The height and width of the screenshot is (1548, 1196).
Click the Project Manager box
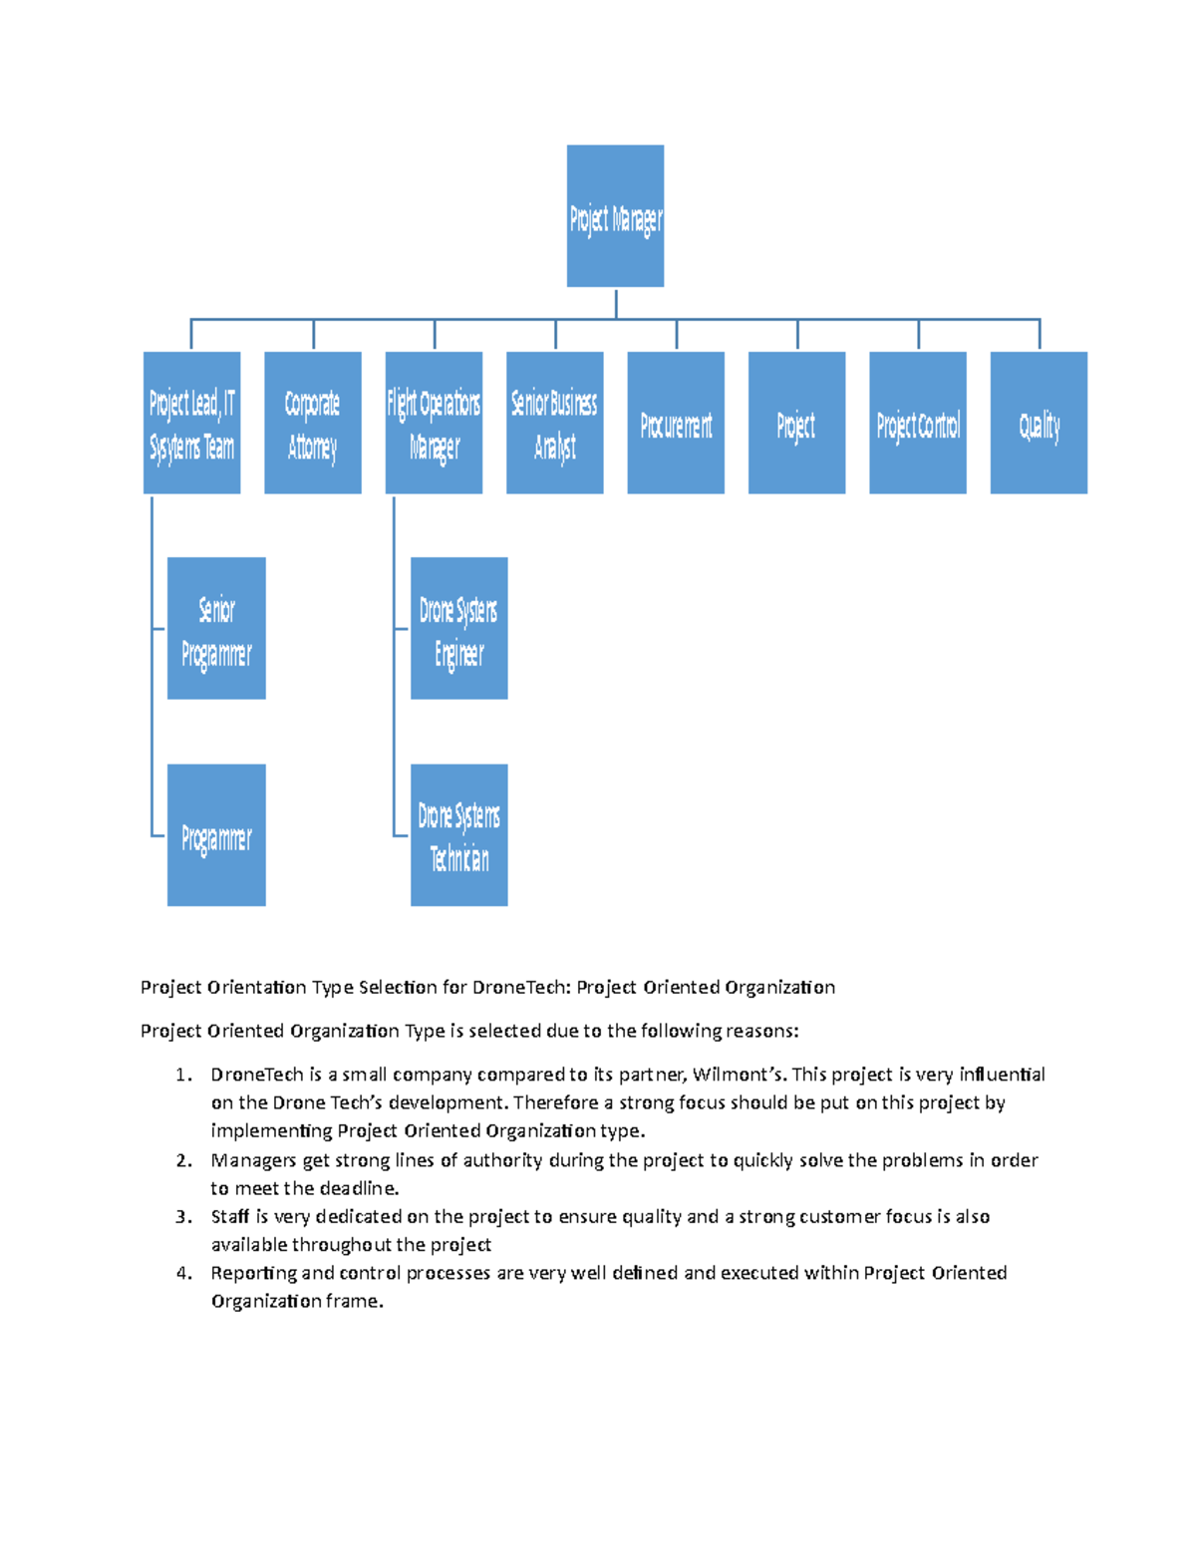(615, 216)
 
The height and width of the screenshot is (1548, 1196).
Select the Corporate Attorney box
(312, 423)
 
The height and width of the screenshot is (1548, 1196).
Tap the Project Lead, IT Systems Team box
(191, 423)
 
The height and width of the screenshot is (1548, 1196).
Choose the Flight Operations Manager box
(434, 423)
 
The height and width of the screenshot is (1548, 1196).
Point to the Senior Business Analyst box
(554, 423)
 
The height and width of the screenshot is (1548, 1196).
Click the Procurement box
(676, 423)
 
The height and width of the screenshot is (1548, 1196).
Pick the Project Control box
(917, 423)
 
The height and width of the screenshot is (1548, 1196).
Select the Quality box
(1039, 423)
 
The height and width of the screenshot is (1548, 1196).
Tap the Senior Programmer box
(216, 628)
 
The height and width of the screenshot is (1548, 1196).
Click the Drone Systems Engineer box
(458, 628)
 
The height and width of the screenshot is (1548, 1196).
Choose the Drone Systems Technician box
(458, 835)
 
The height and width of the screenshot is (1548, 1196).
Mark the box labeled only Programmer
(216, 835)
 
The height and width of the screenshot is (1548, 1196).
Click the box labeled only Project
(796, 423)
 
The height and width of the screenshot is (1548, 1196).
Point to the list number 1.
(182, 1075)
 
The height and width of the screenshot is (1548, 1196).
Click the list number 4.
(182, 1273)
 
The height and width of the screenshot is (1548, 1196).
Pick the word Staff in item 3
(230, 1216)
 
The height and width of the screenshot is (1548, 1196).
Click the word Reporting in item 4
(253, 1273)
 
